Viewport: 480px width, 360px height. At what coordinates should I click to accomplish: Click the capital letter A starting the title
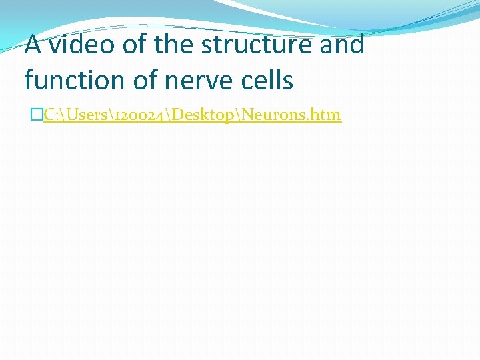(x=33, y=45)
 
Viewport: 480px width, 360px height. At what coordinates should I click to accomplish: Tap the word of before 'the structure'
(x=131, y=45)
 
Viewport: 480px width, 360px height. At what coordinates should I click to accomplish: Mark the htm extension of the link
(x=327, y=115)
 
